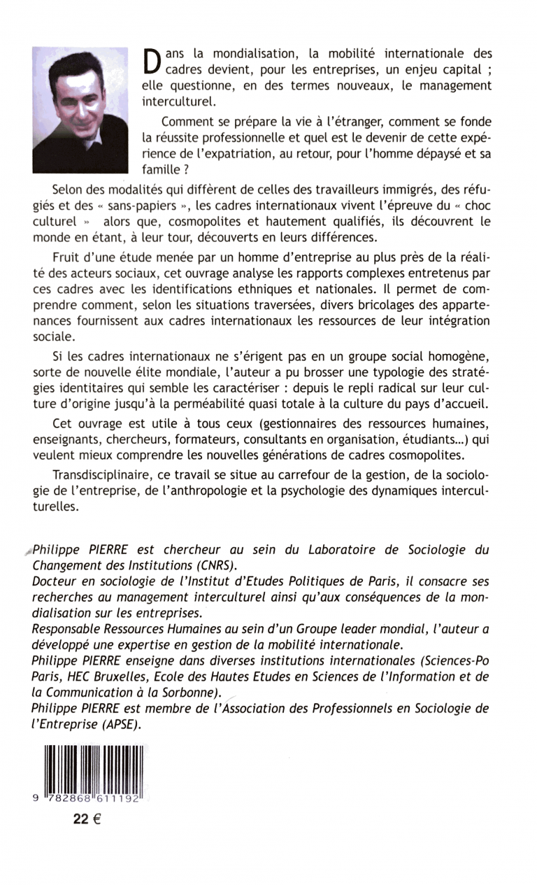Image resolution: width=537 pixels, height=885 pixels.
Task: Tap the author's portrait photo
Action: coord(80,109)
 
